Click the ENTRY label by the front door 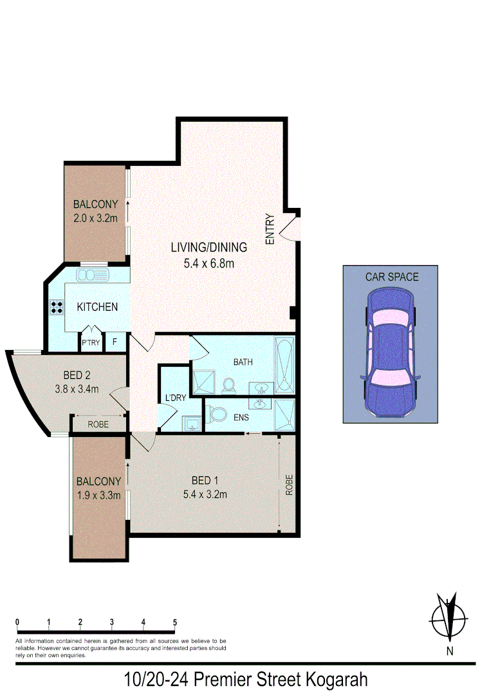pos(270,229)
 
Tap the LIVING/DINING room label pos(209,247)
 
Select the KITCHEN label pos(97,307)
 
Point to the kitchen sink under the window pos(94,275)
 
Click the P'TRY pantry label pos(91,343)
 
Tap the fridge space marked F pos(116,342)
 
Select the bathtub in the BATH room pos(284,365)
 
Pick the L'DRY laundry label pos(176,398)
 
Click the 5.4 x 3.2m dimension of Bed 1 pos(205,494)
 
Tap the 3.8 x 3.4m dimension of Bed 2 pos(77,389)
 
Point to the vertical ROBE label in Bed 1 pos(289,484)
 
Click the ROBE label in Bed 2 pos(98,425)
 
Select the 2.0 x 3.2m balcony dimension pos(95,218)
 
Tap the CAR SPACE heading pos(392,277)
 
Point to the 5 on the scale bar pos(174,622)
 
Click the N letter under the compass pos(450,651)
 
